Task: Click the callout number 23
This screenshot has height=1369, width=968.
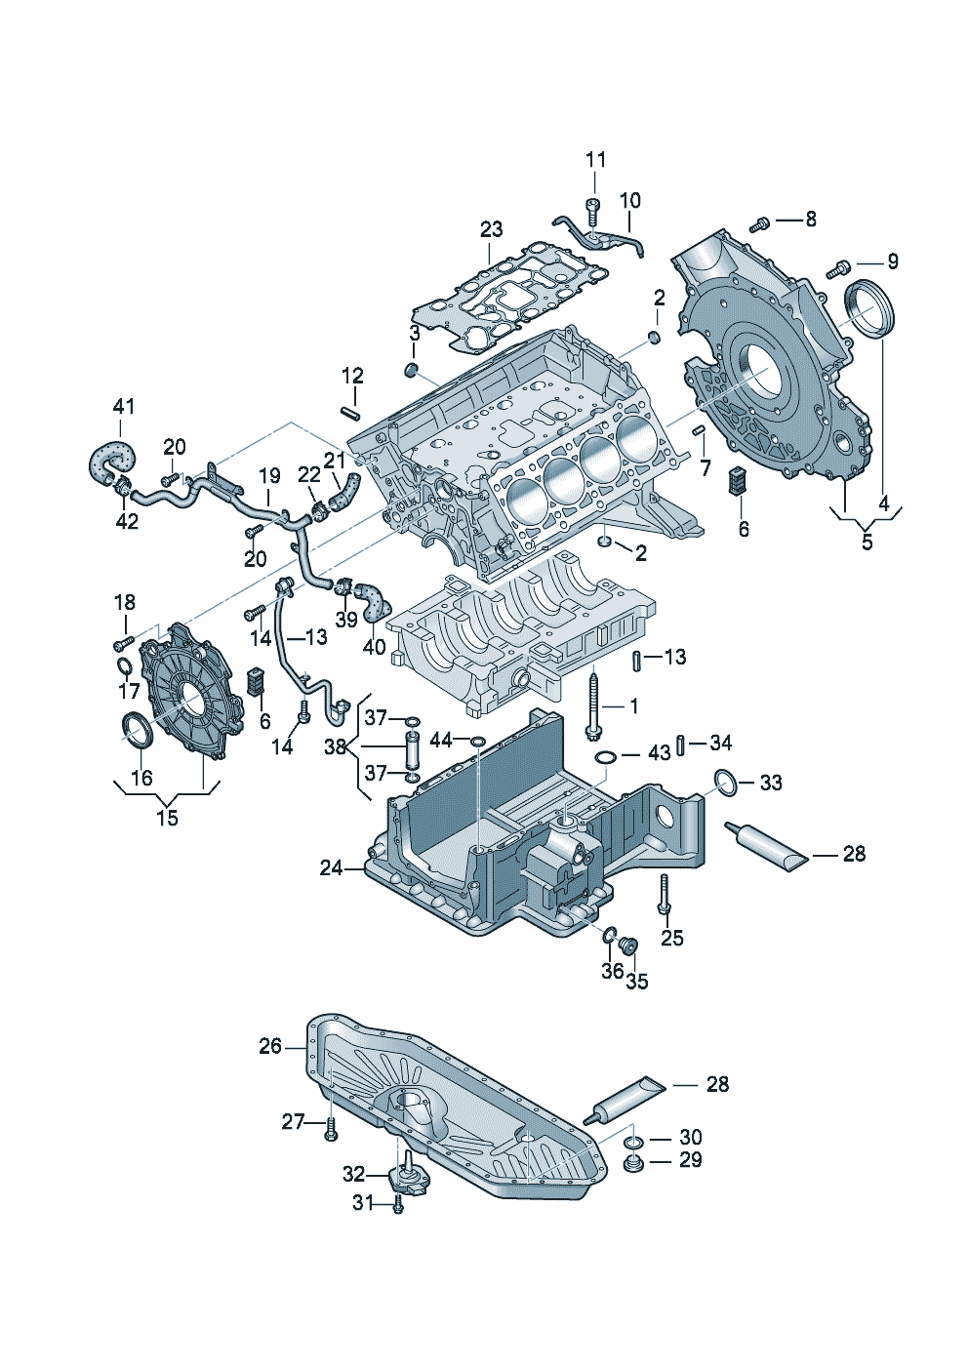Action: click(491, 230)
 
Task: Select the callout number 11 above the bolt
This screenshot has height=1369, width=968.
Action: click(596, 160)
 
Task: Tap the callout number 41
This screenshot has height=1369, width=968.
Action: click(124, 406)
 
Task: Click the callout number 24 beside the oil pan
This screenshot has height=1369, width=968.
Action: click(331, 867)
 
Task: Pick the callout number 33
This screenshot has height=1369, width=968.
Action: click(771, 782)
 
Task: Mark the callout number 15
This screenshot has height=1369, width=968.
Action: click(168, 817)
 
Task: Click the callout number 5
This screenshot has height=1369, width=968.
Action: click(867, 542)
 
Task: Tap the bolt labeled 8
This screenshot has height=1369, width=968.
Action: click(758, 224)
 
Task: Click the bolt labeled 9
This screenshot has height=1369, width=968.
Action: click(838, 268)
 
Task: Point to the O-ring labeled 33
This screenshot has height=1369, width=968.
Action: click(726, 784)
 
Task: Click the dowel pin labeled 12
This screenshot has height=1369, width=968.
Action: click(352, 412)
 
